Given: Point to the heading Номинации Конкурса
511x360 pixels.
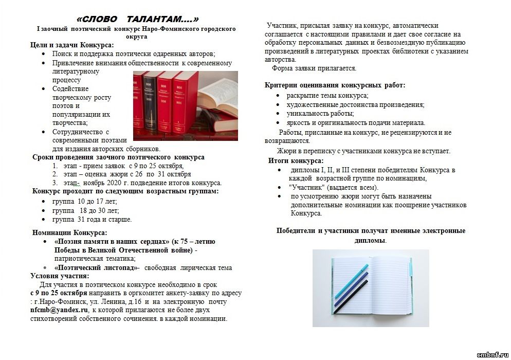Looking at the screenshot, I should click(70, 233).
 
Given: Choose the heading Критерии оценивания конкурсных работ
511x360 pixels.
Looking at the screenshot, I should click(335, 85).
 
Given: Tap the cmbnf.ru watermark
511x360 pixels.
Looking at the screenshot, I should click(493, 355).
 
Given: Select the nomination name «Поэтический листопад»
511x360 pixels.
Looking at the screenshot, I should click(95, 267).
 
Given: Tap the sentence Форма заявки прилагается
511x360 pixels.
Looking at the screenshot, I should click(314, 68).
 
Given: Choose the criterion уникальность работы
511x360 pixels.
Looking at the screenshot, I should click(320, 114).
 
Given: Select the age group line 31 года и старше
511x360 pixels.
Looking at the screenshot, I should click(92, 220).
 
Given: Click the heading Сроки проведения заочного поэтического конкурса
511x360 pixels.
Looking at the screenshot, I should click(118, 157).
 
